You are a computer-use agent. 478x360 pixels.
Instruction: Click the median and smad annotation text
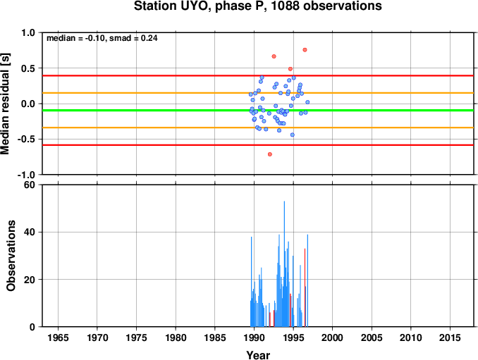[x=102, y=38]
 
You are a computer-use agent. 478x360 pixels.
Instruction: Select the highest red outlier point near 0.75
[x=305, y=50]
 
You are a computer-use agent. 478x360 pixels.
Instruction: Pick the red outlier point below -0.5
[x=270, y=154]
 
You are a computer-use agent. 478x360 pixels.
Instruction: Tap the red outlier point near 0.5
[x=290, y=69]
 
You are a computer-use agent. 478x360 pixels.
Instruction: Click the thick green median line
[x=258, y=110]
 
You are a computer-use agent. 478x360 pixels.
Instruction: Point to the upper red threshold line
[x=258, y=75]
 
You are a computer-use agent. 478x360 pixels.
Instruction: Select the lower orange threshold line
[x=258, y=128]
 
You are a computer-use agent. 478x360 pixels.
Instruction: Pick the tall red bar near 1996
[x=305, y=287]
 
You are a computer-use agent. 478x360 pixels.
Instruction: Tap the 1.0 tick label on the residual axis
[x=28, y=32]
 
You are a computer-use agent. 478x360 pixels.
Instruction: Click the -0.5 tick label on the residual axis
[x=26, y=139]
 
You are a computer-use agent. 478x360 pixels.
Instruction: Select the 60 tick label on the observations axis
[x=30, y=185]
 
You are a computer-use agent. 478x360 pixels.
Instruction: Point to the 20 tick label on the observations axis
[x=30, y=280]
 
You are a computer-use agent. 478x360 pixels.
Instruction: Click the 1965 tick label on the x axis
[x=58, y=337]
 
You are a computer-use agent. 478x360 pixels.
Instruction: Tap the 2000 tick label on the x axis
[x=332, y=337]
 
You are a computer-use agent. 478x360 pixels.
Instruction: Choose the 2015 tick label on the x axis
[x=450, y=337]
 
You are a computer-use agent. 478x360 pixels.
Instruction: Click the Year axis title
[x=258, y=355]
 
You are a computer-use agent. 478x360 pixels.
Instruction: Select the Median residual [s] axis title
[x=5, y=104]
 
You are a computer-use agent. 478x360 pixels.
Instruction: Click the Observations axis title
[x=11, y=256]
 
